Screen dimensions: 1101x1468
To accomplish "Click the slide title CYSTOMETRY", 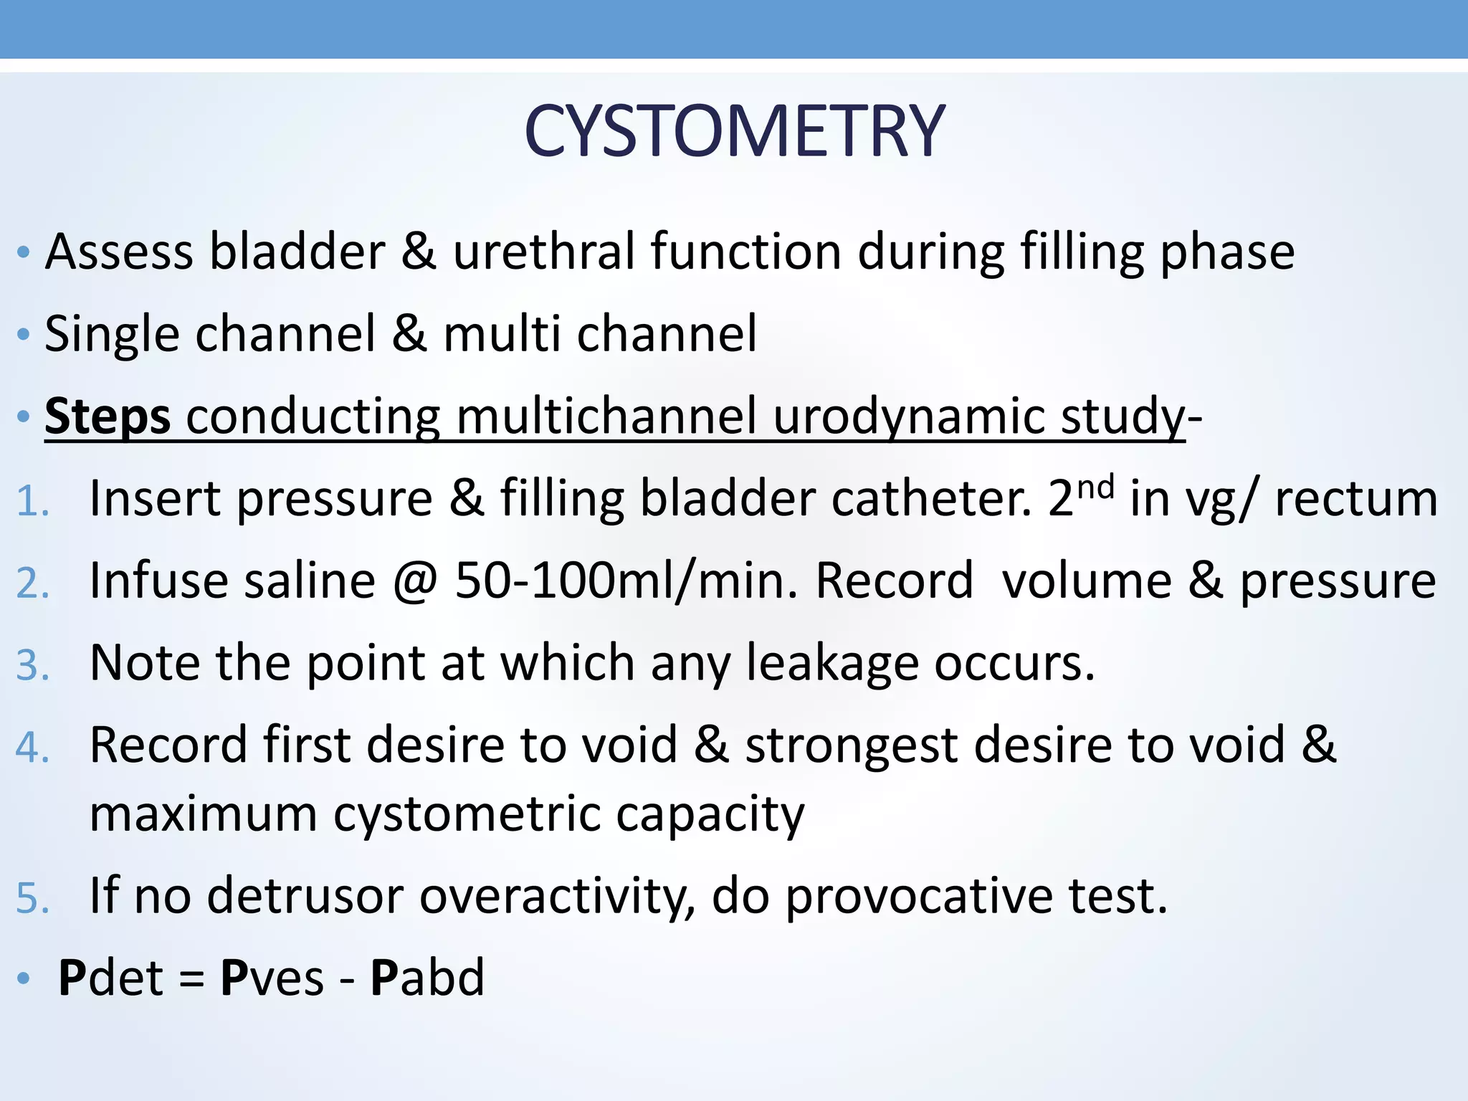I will point(734,131).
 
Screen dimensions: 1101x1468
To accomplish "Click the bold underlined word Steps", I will point(108,416).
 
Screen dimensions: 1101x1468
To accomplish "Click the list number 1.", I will point(32,500).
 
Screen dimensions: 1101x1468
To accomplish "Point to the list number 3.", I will point(32,665).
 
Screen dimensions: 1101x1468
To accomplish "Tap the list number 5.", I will point(32,898).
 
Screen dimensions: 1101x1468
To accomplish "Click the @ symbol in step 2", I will point(415,581).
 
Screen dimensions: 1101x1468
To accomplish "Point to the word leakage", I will point(831,664).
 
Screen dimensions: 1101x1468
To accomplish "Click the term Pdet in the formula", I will point(111,978).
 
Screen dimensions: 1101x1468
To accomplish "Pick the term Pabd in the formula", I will point(427,978).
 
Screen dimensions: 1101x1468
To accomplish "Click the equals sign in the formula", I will point(191,979).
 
